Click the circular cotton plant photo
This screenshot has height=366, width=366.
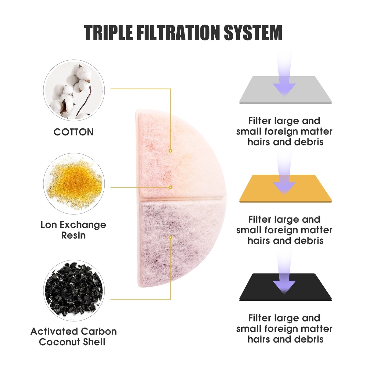click(74, 91)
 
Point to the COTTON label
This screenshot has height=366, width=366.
click(74, 132)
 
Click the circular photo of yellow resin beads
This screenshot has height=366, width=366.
click(74, 184)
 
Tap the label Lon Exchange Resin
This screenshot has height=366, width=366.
click(74, 230)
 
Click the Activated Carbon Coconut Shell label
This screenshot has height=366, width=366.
click(74, 336)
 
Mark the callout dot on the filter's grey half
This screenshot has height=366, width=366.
click(170, 237)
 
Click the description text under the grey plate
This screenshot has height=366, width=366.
click(284, 131)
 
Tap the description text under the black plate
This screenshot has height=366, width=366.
click(284, 329)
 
